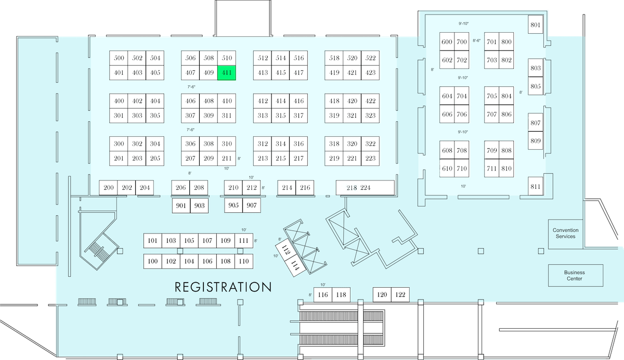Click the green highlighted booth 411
[227, 73]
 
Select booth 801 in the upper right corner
[536, 24]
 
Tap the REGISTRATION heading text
[223, 287]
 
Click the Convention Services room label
[566, 234]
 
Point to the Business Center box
[576, 276]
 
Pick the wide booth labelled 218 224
[365, 188]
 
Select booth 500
[119, 58]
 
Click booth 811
[536, 186]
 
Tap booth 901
[181, 205]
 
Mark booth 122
[400, 294]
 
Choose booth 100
[153, 261]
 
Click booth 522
[370, 58]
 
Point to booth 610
[447, 169]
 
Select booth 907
[252, 205]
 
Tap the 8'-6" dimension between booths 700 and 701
[477, 41]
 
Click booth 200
[108, 188]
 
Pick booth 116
[323, 294]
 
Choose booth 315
[280, 115]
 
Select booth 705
[492, 96]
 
